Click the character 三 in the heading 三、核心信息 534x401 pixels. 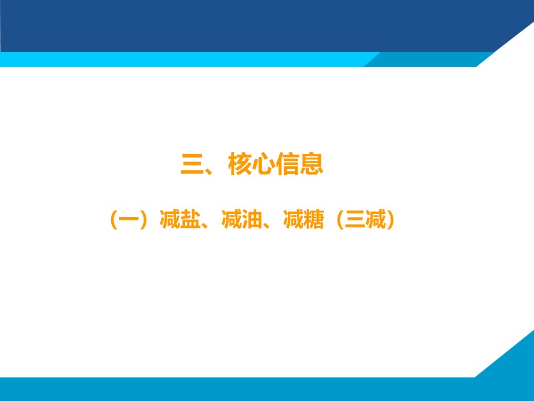[192, 164]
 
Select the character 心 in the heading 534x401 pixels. [264, 164]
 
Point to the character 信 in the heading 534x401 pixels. [288, 164]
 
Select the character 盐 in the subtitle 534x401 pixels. [190, 219]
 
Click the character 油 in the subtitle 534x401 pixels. [251, 219]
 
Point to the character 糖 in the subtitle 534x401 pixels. [313, 219]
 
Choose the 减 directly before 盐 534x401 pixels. [170, 219]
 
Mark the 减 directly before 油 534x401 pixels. [231, 219]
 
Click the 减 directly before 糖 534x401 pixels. [293, 219]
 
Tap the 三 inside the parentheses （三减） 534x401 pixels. [355, 219]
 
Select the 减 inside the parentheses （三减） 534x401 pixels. [375, 219]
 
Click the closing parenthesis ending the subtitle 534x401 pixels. [390, 220]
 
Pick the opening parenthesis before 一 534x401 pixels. [113, 220]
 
